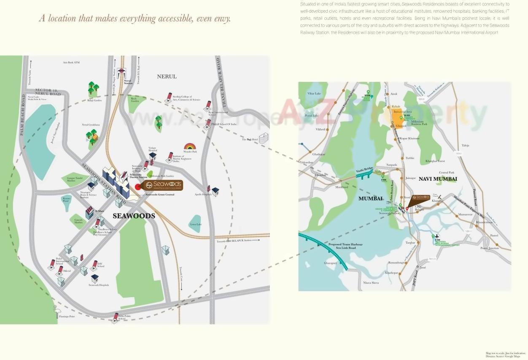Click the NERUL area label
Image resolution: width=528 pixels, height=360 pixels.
167,76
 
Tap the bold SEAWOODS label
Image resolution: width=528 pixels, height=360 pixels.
134,216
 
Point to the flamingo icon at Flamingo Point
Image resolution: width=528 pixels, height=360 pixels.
57,311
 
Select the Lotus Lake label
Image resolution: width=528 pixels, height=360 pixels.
196,224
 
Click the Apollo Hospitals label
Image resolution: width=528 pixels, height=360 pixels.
204,195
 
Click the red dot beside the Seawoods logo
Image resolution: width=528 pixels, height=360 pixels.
137,186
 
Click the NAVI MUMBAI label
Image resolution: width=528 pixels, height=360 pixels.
438,179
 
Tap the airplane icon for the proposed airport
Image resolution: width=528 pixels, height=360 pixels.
436,236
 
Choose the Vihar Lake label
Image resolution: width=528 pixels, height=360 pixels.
314,93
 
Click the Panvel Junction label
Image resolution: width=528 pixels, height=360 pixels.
490,248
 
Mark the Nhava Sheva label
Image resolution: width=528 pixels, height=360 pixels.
371,283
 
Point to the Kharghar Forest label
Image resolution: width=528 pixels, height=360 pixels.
435,161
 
